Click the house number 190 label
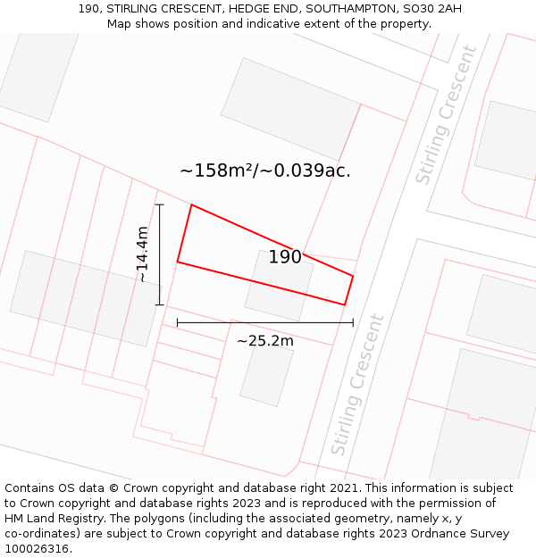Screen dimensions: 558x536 285,257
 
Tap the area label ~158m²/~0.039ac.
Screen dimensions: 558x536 264,171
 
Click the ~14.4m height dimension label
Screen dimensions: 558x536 142,254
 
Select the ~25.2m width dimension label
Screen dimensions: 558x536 264,340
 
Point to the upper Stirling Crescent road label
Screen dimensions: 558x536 447,115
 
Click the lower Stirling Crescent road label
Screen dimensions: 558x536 357,384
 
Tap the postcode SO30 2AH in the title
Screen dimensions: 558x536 432,9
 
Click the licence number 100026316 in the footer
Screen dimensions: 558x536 37,548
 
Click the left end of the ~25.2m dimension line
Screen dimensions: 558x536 178,322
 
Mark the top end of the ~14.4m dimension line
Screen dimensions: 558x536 160,205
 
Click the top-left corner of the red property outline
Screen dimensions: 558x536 191,205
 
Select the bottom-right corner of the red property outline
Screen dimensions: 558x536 345,304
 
